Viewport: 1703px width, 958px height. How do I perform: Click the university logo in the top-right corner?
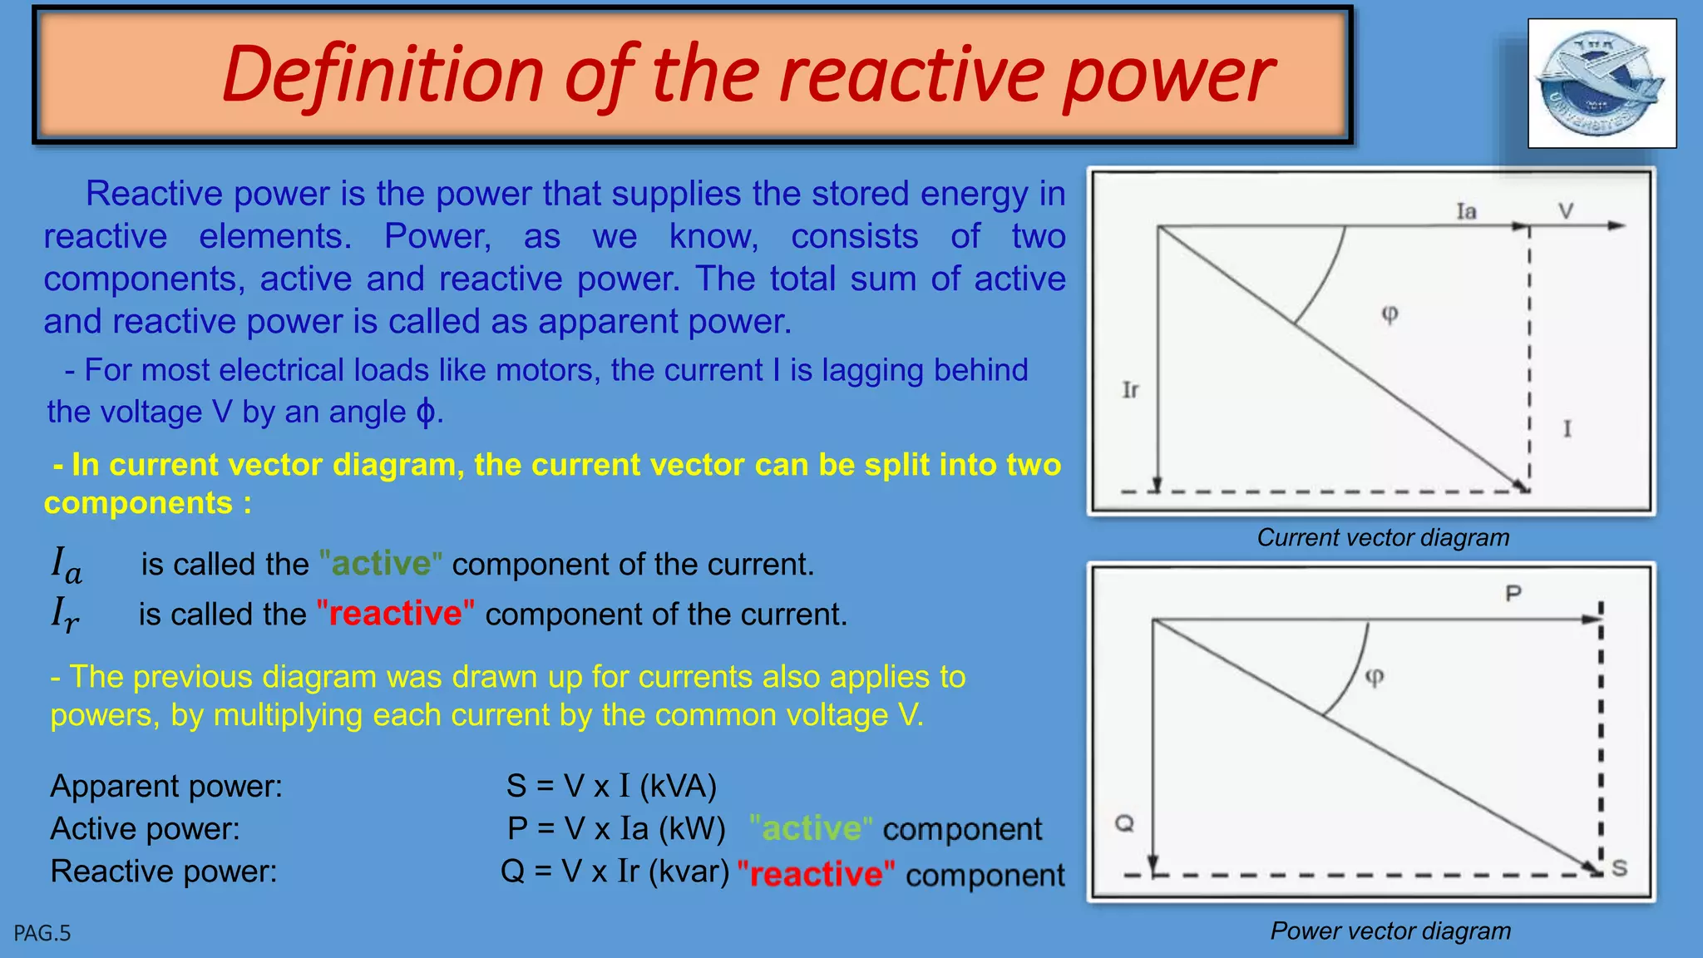click(x=1602, y=84)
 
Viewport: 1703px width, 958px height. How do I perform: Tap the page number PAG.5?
click(x=42, y=934)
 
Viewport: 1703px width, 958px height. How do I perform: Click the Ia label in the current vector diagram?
click(x=1466, y=211)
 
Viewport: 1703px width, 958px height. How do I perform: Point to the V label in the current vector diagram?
click(x=1566, y=211)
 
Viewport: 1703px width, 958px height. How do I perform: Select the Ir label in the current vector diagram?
click(x=1130, y=389)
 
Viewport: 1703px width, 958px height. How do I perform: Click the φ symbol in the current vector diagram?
click(x=1390, y=314)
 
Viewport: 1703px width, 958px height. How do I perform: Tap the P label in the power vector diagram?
click(x=1513, y=593)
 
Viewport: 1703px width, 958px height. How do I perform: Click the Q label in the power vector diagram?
click(x=1124, y=823)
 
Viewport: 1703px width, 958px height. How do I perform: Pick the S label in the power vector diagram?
click(x=1619, y=868)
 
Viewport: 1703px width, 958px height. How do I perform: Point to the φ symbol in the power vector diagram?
click(x=1375, y=676)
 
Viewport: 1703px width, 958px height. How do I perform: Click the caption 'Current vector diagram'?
click(x=1383, y=537)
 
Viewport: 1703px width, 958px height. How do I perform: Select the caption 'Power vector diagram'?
click(x=1390, y=931)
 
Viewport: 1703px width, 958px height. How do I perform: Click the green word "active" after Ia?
click(x=381, y=564)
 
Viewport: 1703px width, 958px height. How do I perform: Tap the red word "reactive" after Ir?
click(x=396, y=614)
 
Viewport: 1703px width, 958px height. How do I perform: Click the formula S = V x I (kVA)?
click(x=611, y=786)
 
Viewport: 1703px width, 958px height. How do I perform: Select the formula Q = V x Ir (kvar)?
click(x=615, y=871)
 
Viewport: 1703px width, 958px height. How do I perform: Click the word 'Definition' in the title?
click(x=383, y=75)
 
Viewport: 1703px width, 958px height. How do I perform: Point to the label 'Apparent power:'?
click(x=166, y=786)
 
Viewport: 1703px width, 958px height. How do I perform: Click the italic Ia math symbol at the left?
click(x=67, y=564)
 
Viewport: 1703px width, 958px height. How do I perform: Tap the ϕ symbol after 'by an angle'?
click(x=425, y=412)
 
